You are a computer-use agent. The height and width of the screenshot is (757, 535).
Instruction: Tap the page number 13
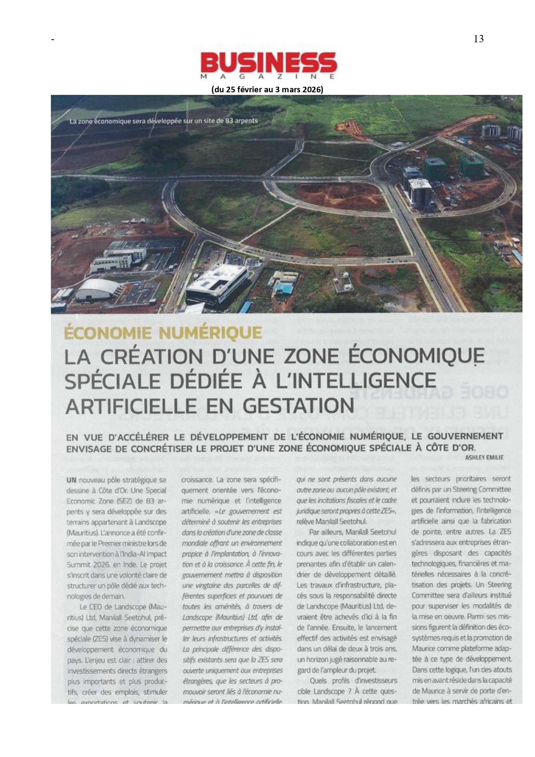pyautogui.click(x=478, y=39)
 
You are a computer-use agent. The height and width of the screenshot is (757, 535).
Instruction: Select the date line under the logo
pyautogui.click(x=267, y=89)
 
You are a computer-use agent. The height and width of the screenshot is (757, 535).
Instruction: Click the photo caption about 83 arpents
pyautogui.click(x=164, y=121)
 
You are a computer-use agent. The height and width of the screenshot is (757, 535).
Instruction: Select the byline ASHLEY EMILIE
pyautogui.click(x=484, y=457)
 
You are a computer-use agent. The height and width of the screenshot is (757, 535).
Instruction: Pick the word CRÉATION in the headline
pyautogui.click(x=152, y=357)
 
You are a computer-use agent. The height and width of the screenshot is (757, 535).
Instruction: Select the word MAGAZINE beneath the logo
pyautogui.click(x=268, y=76)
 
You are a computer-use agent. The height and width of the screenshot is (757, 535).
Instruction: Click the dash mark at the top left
pyautogui.click(x=53, y=40)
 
